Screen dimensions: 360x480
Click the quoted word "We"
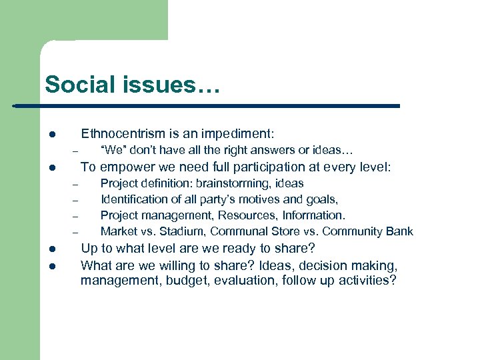point(111,150)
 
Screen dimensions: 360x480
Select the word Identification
point(133,199)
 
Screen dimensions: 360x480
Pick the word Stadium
point(181,231)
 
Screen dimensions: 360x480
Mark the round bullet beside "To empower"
point(51,168)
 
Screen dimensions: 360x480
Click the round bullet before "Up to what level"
point(51,249)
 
